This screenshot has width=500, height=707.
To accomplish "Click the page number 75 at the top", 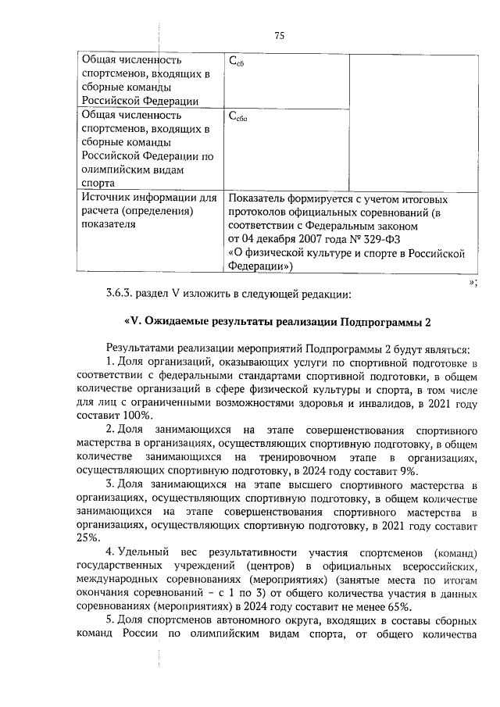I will pyautogui.click(x=280, y=34).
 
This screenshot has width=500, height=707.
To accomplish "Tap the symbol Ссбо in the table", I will pyautogui.click(x=237, y=118).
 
